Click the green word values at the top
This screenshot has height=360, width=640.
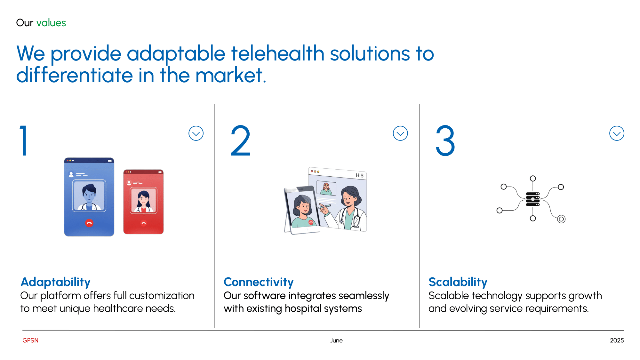51,23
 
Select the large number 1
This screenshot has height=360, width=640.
24,140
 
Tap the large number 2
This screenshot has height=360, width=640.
240,140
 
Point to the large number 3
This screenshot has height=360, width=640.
445,140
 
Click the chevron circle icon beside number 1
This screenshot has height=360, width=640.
196,133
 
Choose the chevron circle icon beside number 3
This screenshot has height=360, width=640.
617,133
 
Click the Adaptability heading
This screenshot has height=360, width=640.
56,282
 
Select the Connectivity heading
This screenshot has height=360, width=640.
259,282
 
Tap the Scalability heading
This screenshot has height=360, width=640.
458,282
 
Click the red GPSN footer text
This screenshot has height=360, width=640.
30,340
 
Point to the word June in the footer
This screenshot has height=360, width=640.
336,340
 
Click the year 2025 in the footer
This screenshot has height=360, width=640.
617,340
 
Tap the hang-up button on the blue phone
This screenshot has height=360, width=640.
89,223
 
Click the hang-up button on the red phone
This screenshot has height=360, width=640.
144,223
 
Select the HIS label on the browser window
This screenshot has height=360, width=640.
360,175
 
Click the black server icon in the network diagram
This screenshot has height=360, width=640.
533,199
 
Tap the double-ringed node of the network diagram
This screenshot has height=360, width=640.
561,219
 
